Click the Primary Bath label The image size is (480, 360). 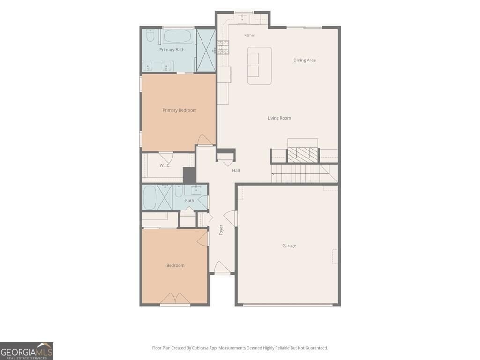coord(172,50)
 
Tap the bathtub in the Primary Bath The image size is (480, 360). coord(178,36)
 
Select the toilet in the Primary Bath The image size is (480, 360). coord(150,36)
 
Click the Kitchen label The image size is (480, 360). coord(249,35)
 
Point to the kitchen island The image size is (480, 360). coord(260,66)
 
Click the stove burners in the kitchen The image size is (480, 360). coord(224,47)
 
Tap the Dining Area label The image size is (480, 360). coord(305,60)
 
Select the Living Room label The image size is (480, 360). coord(279,118)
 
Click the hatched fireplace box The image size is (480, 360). coord(303,155)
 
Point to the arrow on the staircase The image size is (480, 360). coord(300,173)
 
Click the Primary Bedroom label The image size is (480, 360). coord(180,110)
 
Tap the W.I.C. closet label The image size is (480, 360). coord(165,165)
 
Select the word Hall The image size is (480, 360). coord(236,170)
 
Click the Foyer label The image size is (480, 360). coord(221,230)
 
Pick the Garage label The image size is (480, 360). coord(289,246)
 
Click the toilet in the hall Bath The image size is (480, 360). coord(179,190)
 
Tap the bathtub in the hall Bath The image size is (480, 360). coord(150,197)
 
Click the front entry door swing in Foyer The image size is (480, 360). coord(222,267)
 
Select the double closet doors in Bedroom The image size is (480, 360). coord(175,299)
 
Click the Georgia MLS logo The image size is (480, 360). coord(27,351)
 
